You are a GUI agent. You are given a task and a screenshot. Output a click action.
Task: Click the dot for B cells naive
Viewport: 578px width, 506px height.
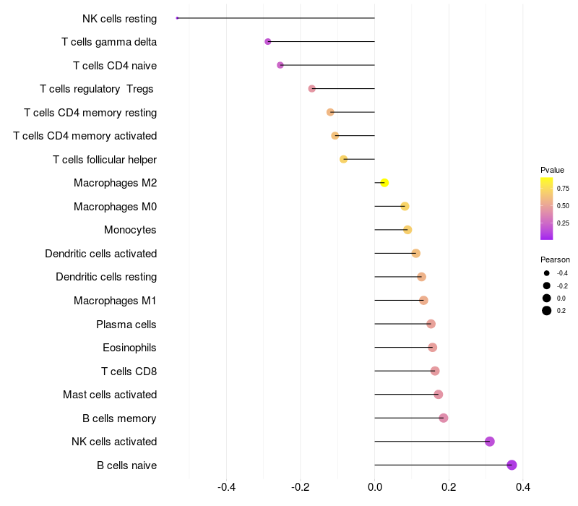512,465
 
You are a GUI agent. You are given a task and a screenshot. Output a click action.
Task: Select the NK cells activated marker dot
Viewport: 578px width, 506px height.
490,441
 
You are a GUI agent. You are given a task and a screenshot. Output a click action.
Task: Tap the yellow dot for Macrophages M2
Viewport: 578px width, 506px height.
384,183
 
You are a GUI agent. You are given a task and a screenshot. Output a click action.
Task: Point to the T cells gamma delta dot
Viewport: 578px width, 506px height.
267,42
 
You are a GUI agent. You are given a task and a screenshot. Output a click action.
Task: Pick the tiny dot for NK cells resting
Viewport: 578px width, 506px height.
177,18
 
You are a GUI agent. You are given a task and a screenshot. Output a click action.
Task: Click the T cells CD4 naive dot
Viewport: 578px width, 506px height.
280,65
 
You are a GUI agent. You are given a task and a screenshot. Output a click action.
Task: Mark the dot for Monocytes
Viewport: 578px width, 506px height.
407,230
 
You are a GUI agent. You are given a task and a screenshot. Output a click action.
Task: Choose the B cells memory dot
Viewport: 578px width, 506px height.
444,418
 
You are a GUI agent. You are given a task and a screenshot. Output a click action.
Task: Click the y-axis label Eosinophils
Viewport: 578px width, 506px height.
129,348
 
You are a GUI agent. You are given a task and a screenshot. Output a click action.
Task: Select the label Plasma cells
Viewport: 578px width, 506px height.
126,324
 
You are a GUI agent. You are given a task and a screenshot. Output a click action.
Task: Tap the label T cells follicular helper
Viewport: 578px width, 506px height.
105,159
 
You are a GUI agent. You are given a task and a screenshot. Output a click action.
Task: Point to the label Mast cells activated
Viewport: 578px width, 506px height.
110,395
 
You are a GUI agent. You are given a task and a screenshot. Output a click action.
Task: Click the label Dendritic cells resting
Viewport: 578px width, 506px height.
106,277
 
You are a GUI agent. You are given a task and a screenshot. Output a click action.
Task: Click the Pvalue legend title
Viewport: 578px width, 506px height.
552,170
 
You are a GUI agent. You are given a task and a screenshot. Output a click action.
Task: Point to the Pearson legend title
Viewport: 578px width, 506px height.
555,260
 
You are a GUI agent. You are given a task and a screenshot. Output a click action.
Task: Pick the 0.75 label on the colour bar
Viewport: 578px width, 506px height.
563,188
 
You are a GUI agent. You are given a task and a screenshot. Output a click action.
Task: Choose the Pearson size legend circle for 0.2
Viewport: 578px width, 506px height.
547,311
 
